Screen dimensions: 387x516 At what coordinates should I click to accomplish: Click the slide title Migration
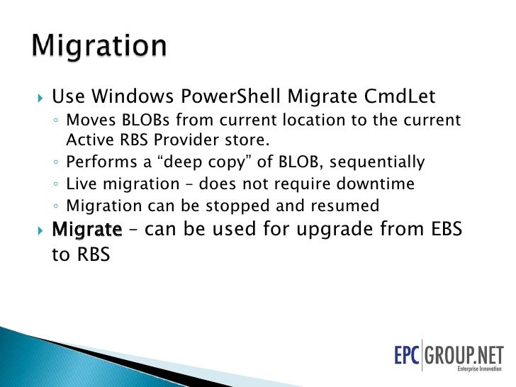[99, 47]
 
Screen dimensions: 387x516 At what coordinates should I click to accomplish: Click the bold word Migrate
[87, 230]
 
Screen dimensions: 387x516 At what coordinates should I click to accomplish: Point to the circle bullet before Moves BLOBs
[56, 121]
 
